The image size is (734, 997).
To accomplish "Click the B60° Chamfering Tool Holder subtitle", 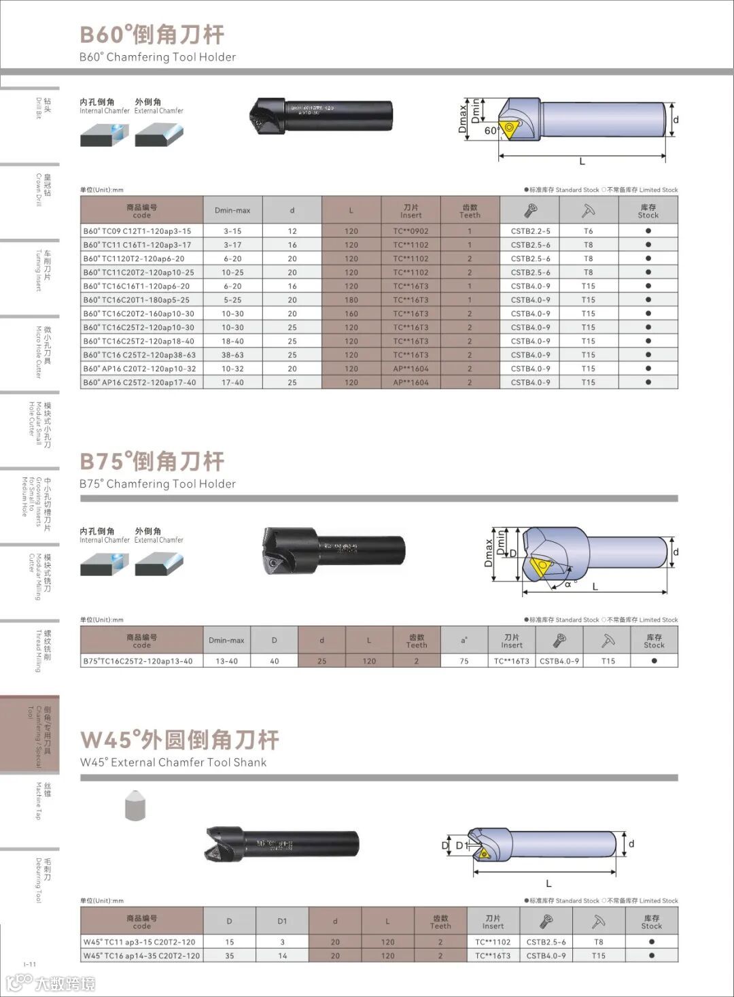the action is (x=158, y=57).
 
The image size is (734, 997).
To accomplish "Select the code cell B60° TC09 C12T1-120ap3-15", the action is (x=138, y=231).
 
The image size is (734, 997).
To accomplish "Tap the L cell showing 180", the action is (x=351, y=300).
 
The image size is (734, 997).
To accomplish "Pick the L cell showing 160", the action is (x=351, y=314).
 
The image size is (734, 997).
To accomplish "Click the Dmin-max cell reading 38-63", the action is (x=232, y=355).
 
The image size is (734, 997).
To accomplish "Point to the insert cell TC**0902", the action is (x=410, y=231).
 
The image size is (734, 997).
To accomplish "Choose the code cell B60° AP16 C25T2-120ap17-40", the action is (x=140, y=382).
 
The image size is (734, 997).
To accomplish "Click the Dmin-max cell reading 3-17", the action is (x=232, y=245).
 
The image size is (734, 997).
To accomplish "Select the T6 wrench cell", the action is (x=589, y=231).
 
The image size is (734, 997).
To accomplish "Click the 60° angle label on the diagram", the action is (x=491, y=131).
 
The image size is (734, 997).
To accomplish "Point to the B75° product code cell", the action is (x=138, y=661).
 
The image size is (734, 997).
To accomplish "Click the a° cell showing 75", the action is (x=464, y=661).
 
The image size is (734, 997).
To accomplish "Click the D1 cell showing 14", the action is (x=282, y=956).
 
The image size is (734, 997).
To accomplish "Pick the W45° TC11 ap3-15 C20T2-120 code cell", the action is (x=139, y=942).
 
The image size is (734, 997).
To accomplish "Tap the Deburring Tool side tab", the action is (x=42, y=880).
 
